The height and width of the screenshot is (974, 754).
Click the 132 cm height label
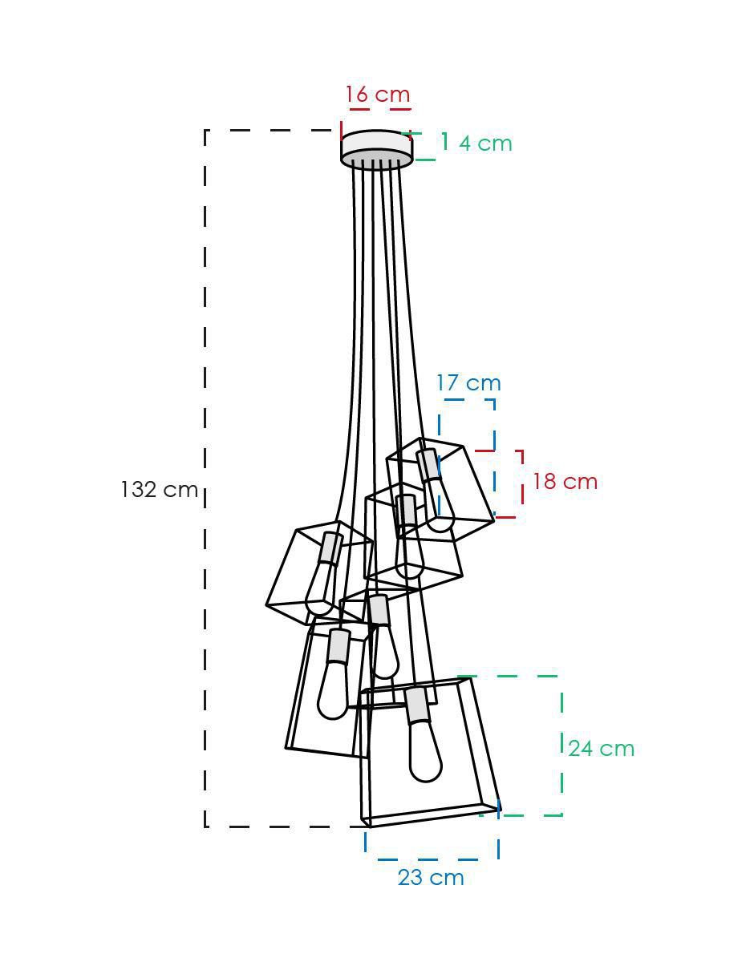point(159,490)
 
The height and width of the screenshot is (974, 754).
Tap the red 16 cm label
point(378,94)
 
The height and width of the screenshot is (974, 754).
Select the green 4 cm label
point(485,143)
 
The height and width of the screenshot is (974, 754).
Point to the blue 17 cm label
point(469,382)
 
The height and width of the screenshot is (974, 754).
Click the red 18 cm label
point(565,482)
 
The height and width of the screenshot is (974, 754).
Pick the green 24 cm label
point(602,749)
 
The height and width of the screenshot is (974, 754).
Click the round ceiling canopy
point(376,148)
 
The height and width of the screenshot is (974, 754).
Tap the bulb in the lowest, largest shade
point(425,753)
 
